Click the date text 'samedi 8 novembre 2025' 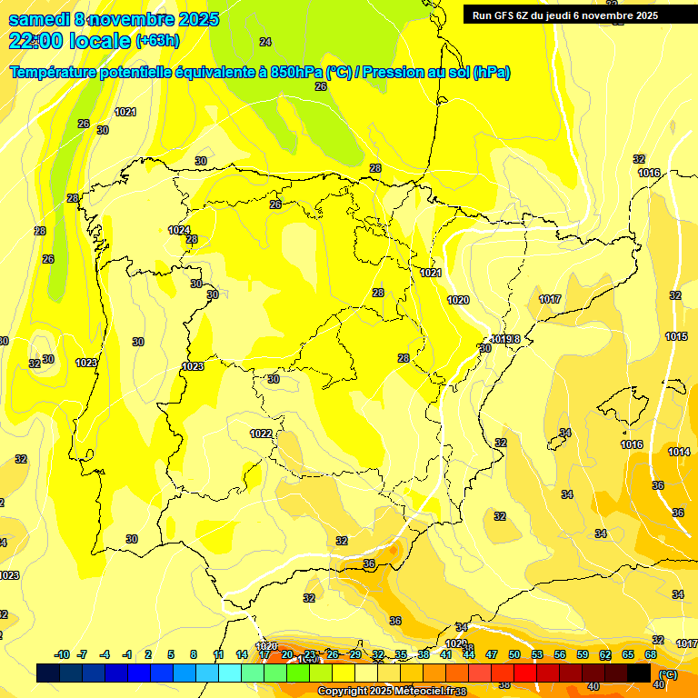pyautogui.click(x=93, y=19)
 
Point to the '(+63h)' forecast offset pyautogui.click(x=157, y=41)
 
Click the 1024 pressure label pyautogui.click(x=179, y=230)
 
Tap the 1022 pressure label pyautogui.click(x=261, y=434)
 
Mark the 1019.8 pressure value pyautogui.click(x=507, y=339)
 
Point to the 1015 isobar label pyautogui.click(x=676, y=336)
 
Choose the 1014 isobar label pyautogui.click(x=679, y=452)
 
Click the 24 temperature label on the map pyautogui.click(x=265, y=42)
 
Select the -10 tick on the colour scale pyautogui.click(x=63, y=654)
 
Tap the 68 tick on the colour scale pyautogui.click(x=651, y=654)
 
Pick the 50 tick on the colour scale pyautogui.click(x=514, y=654)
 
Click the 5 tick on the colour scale pyautogui.click(x=171, y=654)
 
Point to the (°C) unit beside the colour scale pyautogui.click(x=668, y=673)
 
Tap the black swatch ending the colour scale pyautogui.click(x=639, y=673)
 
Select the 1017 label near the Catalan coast pyautogui.click(x=550, y=299)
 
